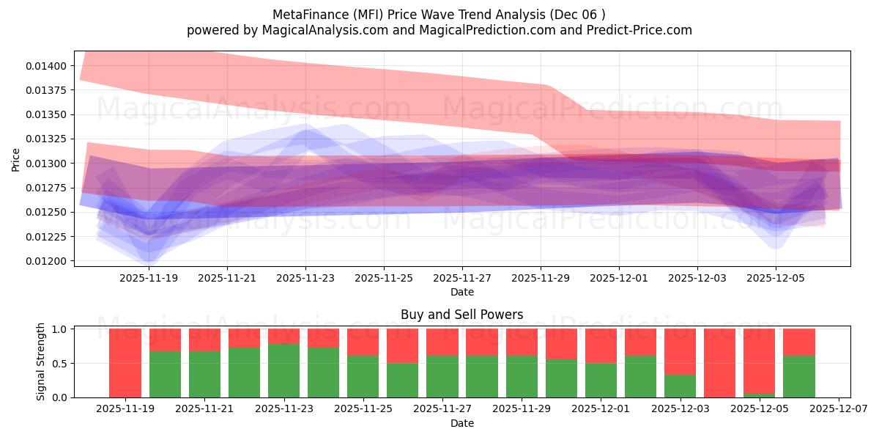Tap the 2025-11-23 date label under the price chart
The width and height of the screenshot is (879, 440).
(305, 278)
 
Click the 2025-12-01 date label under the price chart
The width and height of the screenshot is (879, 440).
(619, 278)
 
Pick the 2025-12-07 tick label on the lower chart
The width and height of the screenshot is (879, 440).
(839, 409)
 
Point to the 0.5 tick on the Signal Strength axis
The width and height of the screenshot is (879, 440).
(60, 364)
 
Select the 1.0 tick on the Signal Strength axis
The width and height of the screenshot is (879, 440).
(60, 329)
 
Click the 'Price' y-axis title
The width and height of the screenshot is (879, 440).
(16, 158)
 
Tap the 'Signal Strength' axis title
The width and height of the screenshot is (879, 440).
(41, 362)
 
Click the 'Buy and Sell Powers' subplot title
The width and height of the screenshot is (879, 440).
(461, 315)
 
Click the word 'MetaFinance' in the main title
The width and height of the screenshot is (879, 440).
(306, 14)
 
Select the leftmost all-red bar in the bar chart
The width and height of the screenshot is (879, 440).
(125, 363)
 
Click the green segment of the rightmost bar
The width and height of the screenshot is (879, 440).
(798, 377)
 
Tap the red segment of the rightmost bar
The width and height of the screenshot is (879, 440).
(798, 342)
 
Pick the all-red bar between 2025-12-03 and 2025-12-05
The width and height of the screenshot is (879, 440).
(719, 363)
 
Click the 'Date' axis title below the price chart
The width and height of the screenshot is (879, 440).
(461, 292)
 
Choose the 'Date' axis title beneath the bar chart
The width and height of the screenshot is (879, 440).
(461, 423)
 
